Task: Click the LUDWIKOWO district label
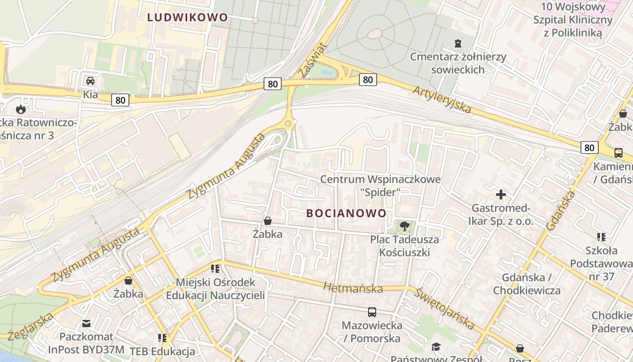click(x=188, y=18)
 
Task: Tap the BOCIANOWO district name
click(x=346, y=213)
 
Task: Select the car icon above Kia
click(x=90, y=81)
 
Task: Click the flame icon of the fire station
click(x=21, y=109)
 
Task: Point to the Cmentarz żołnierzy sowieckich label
click(x=458, y=63)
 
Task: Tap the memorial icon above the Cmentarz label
click(x=458, y=43)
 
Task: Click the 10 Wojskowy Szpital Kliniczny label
click(x=573, y=20)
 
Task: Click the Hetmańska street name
click(x=353, y=288)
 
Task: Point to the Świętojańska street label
click(x=445, y=309)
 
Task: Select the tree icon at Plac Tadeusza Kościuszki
click(x=404, y=226)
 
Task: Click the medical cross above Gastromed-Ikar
click(x=501, y=195)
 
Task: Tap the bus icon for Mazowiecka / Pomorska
click(x=372, y=312)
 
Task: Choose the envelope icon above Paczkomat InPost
click(x=86, y=324)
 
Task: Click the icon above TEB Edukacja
click(x=162, y=338)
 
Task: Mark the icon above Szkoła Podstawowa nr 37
click(x=601, y=237)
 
